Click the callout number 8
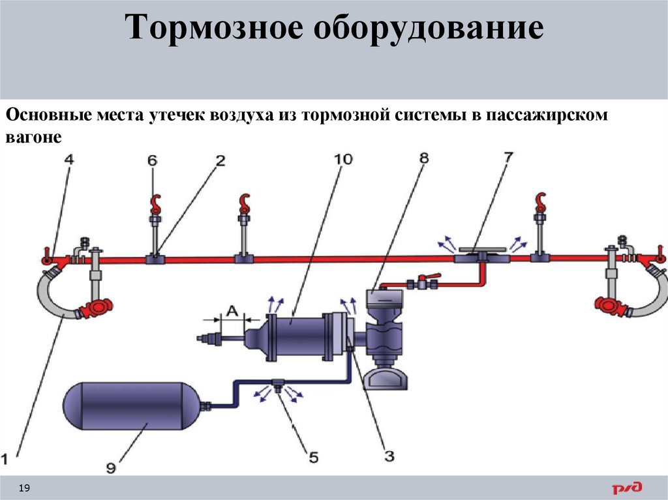point(425,158)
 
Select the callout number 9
point(110,467)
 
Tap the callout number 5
point(313,458)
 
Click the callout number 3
point(389,456)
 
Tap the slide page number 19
point(26,488)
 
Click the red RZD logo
point(627,487)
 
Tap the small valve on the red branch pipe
point(421,284)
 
